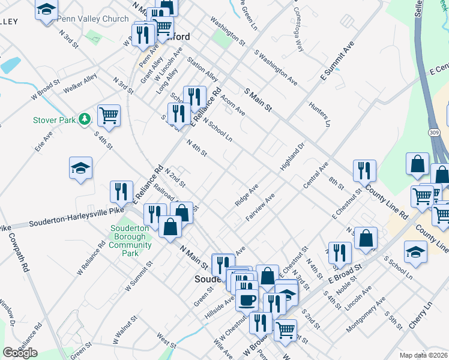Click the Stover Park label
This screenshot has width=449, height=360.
point(54,120)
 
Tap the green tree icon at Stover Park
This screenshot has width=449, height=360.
point(86,119)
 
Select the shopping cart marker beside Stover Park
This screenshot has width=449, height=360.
point(109,115)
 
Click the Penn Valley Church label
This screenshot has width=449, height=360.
point(93,19)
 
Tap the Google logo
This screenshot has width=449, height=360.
point(20,353)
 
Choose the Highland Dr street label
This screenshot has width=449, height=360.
point(293,156)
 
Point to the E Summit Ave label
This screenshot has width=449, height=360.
point(337,61)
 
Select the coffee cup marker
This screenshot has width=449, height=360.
point(247,299)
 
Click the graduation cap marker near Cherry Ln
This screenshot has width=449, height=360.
point(415,251)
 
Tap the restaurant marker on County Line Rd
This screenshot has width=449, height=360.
point(364,171)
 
